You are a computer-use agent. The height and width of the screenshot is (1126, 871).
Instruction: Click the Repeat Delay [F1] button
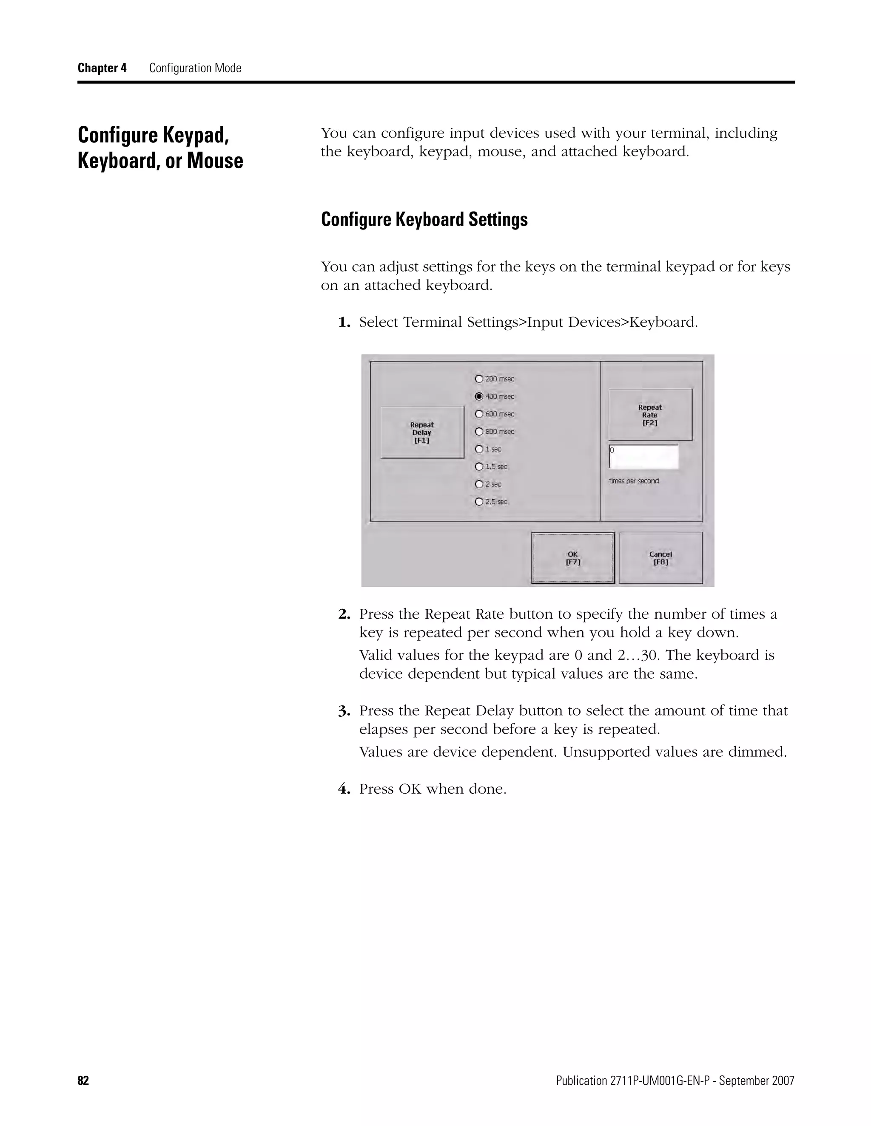pos(421,432)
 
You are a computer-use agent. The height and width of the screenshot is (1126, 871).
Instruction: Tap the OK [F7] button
pos(573,558)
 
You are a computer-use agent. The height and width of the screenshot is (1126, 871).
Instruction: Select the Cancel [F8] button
pos(660,558)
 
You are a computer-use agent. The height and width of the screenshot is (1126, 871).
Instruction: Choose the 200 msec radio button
pos(479,379)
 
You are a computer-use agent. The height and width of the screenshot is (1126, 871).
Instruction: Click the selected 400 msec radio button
pos(479,396)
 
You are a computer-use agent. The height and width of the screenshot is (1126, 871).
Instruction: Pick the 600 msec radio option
pos(479,414)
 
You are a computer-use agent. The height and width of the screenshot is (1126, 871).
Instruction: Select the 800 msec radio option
pos(479,432)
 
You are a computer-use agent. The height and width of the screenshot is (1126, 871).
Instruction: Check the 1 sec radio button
pos(479,449)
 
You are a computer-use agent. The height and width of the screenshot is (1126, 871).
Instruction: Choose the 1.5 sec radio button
pos(479,467)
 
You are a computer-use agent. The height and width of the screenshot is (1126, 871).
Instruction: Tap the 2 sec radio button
pos(479,484)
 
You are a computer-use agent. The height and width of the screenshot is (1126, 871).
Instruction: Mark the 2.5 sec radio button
pos(479,502)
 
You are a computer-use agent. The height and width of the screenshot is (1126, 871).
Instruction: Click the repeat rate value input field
pos(643,457)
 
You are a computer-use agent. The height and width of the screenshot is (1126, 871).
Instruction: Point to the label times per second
pos(634,481)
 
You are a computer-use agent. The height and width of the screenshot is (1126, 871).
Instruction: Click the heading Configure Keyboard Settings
pos(424,220)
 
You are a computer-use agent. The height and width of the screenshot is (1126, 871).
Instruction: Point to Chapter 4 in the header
pos(102,68)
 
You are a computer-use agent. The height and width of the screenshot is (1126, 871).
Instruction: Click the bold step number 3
pos(344,711)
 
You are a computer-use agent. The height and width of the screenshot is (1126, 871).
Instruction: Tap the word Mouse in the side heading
pos(215,161)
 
